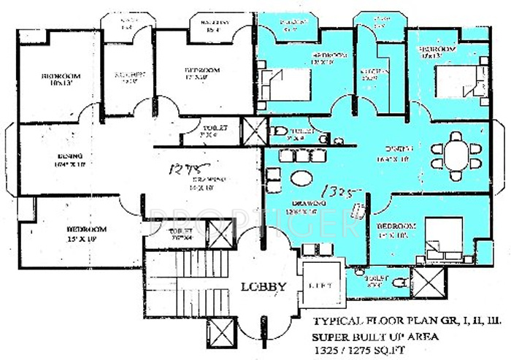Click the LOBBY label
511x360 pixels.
(x=263, y=286)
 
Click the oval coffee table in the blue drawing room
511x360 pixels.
(x=300, y=178)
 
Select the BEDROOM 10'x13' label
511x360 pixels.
(x=60, y=80)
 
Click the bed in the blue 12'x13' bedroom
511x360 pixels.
(x=286, y=83)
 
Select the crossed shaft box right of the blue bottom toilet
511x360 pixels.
(x=426, y=281)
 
